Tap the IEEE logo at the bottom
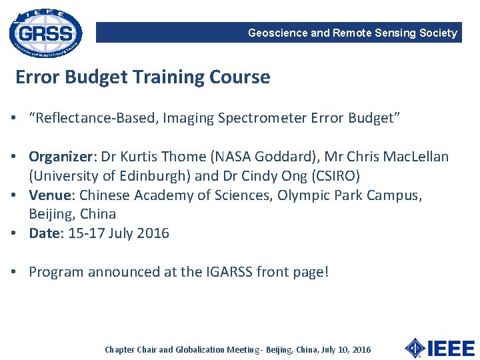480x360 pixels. (439, 348)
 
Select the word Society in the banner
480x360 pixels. (439, 33)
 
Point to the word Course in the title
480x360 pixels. (240, 77)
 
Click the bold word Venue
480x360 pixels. (52, 196)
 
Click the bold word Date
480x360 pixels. (43, 234)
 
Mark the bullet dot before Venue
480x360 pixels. (13, 196)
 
